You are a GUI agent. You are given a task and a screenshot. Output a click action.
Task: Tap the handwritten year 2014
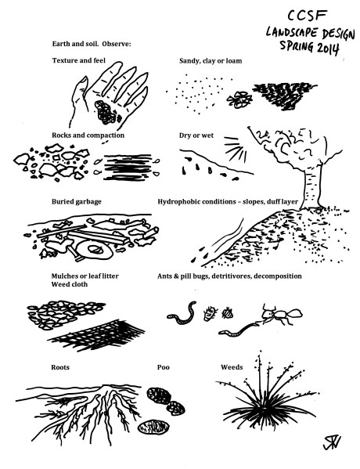point(327,49)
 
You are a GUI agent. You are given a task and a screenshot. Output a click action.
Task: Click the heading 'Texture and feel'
point(79,61)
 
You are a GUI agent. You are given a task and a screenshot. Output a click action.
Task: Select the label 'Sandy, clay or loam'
point(211,61)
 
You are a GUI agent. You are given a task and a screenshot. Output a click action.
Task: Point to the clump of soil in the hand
point(106,112)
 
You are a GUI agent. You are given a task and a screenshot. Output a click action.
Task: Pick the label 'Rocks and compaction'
point(88,135)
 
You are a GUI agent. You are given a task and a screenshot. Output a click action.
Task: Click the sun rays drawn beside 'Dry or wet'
point(236,149)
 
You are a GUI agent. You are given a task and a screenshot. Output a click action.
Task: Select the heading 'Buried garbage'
point(77,202)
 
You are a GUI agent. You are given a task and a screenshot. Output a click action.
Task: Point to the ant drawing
point(280,315)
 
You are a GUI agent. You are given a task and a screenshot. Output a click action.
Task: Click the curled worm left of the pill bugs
point(182,313)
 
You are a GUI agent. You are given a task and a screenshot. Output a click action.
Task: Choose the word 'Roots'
point(60,367)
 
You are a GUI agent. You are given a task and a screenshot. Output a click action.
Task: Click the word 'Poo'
point(164,367)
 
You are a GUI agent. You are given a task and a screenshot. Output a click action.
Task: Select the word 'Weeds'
point(232,367)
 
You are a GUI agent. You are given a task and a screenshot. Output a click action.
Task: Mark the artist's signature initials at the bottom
point(332,442)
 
